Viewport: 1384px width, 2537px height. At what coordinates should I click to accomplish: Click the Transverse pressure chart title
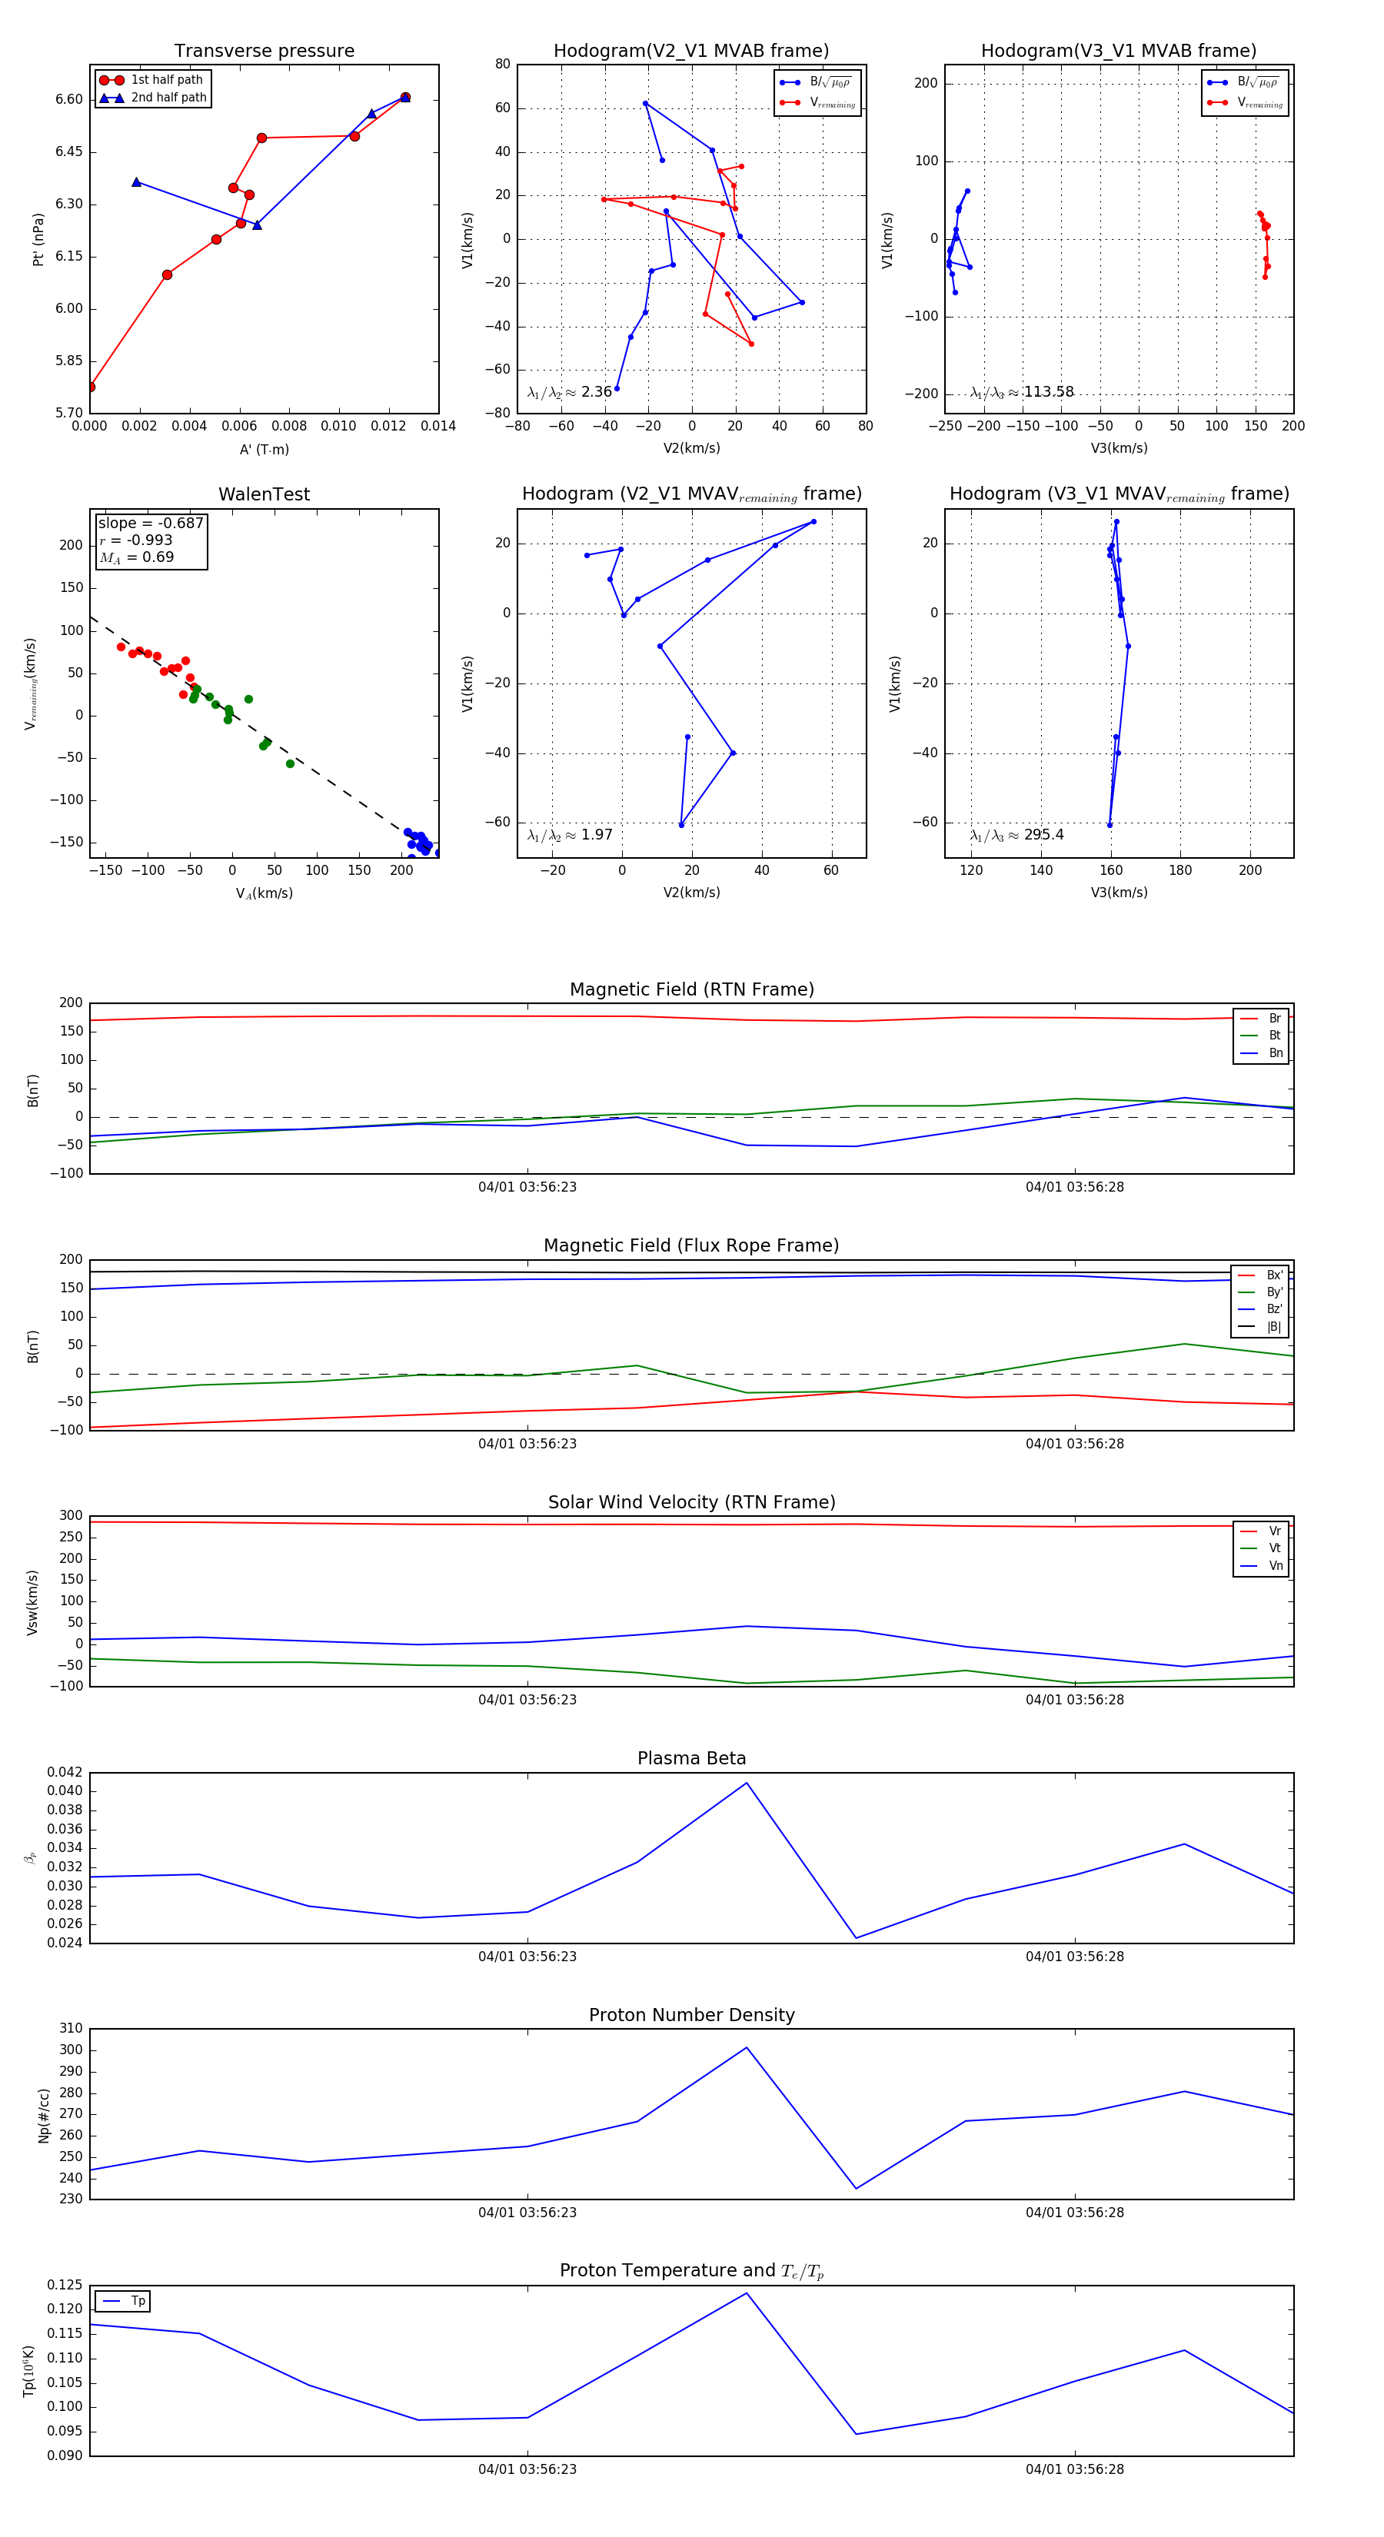click(264, 52)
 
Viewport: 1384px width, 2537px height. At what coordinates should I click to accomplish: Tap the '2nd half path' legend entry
click(168, 98)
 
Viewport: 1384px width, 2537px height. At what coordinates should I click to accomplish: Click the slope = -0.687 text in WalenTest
click(151, 523)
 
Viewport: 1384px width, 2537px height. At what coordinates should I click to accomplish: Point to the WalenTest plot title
click(264, 494)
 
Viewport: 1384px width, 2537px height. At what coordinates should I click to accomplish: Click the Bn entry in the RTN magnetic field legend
click(1275, 1052)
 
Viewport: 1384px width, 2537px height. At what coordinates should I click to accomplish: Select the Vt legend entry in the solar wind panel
click(1275, 1548)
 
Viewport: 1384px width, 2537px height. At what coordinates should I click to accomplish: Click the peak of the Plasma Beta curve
click(747, 1783)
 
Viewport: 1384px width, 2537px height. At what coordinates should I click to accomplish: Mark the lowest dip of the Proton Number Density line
click(856, 2189)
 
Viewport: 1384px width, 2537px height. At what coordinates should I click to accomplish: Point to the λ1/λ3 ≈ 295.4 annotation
click(1016, 835)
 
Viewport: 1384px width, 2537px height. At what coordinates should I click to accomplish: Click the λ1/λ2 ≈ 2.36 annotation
click(569, 392)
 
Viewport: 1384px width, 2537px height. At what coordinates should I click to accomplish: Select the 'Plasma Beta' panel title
click(691, 1758)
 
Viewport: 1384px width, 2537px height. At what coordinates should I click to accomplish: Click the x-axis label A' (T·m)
click(264, 449)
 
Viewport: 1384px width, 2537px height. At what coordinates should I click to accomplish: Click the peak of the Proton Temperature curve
click(747, 2293)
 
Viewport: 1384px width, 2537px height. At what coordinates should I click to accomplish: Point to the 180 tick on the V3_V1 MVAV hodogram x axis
click(1180, 869)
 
